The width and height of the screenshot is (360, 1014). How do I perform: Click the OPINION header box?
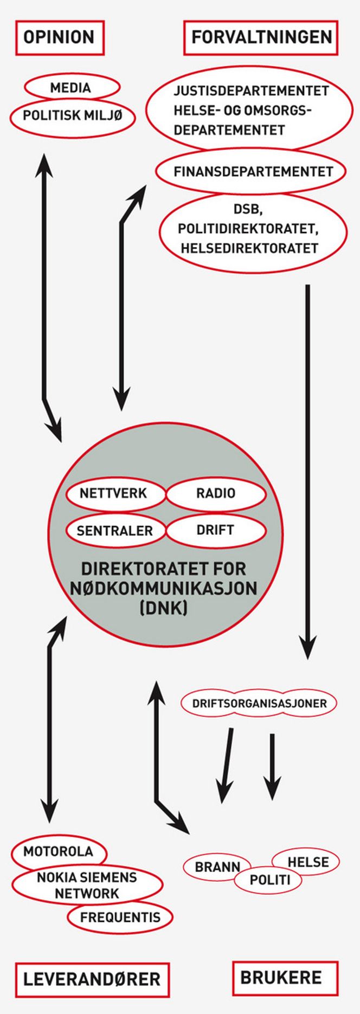pos(59,37)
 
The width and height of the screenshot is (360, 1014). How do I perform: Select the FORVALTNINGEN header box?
pos(261,37)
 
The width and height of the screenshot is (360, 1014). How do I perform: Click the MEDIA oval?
pos(71,87)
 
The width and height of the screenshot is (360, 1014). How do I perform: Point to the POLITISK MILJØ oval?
pos(72,115)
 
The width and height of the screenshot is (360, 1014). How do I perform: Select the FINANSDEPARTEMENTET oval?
pos(253,172)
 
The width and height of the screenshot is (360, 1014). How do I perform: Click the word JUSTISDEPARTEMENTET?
pos(251,91)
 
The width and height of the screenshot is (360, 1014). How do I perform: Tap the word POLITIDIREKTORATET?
pos(248,228)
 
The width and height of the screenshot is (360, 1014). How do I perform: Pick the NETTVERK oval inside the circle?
pos(114,493)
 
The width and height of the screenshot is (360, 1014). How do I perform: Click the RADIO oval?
pos(216,493)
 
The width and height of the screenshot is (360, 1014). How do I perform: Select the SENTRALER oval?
pos(114,531)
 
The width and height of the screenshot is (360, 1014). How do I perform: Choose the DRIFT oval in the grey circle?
pos(216,529)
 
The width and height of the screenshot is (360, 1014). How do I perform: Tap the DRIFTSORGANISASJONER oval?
pos(259,703)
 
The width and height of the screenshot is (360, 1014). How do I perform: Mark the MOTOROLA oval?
pos(58,851)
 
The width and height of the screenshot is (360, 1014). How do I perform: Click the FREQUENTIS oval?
pos(120,917)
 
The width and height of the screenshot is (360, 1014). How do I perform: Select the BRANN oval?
pos(216,867)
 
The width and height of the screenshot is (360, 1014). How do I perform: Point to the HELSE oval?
pos(307,862)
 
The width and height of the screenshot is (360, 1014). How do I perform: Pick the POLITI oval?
pos(269,880)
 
